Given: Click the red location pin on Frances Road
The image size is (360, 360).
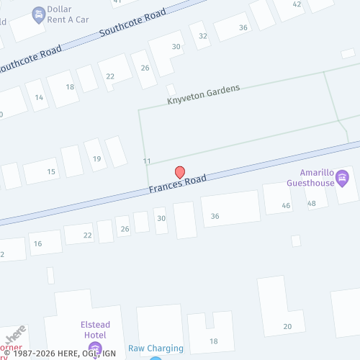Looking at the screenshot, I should tap(180, 173).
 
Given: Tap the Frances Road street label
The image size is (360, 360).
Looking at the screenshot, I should tap(178, 184).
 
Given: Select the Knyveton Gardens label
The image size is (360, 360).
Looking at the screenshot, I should tap(203, 94).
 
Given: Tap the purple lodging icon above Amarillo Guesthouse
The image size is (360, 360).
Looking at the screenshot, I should tap(343, 176).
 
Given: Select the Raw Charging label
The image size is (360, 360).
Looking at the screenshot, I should tap(156, 348).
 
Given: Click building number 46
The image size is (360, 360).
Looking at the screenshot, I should tap(287, 206).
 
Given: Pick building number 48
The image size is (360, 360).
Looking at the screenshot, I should tap(311, 203).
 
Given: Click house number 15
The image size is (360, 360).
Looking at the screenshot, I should tap(51, 171).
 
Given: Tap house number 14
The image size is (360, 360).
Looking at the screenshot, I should tap(39, 98).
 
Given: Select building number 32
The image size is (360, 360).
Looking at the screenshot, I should tap(203, 35).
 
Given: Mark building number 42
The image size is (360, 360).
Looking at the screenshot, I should tap(297, 4).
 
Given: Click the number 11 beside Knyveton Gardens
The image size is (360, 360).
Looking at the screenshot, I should tap(147, 161).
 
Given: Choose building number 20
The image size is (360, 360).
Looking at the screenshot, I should tap(287, 326).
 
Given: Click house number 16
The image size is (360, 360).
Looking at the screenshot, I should tap(37, 244).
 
